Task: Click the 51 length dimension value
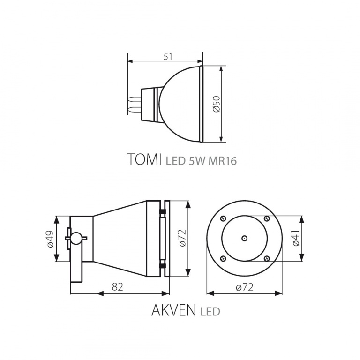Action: click(x=168, y=56)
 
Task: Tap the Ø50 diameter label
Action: click(x=217, y=104)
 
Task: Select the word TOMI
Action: click(x=144, y=159)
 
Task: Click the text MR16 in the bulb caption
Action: click(x=222, y=161)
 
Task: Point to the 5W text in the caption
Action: click(x=197, y=161)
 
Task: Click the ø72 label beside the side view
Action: click(x=182, y=238)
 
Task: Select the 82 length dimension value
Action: click(x=117, y=287)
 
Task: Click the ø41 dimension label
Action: click(x=296, y=238)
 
